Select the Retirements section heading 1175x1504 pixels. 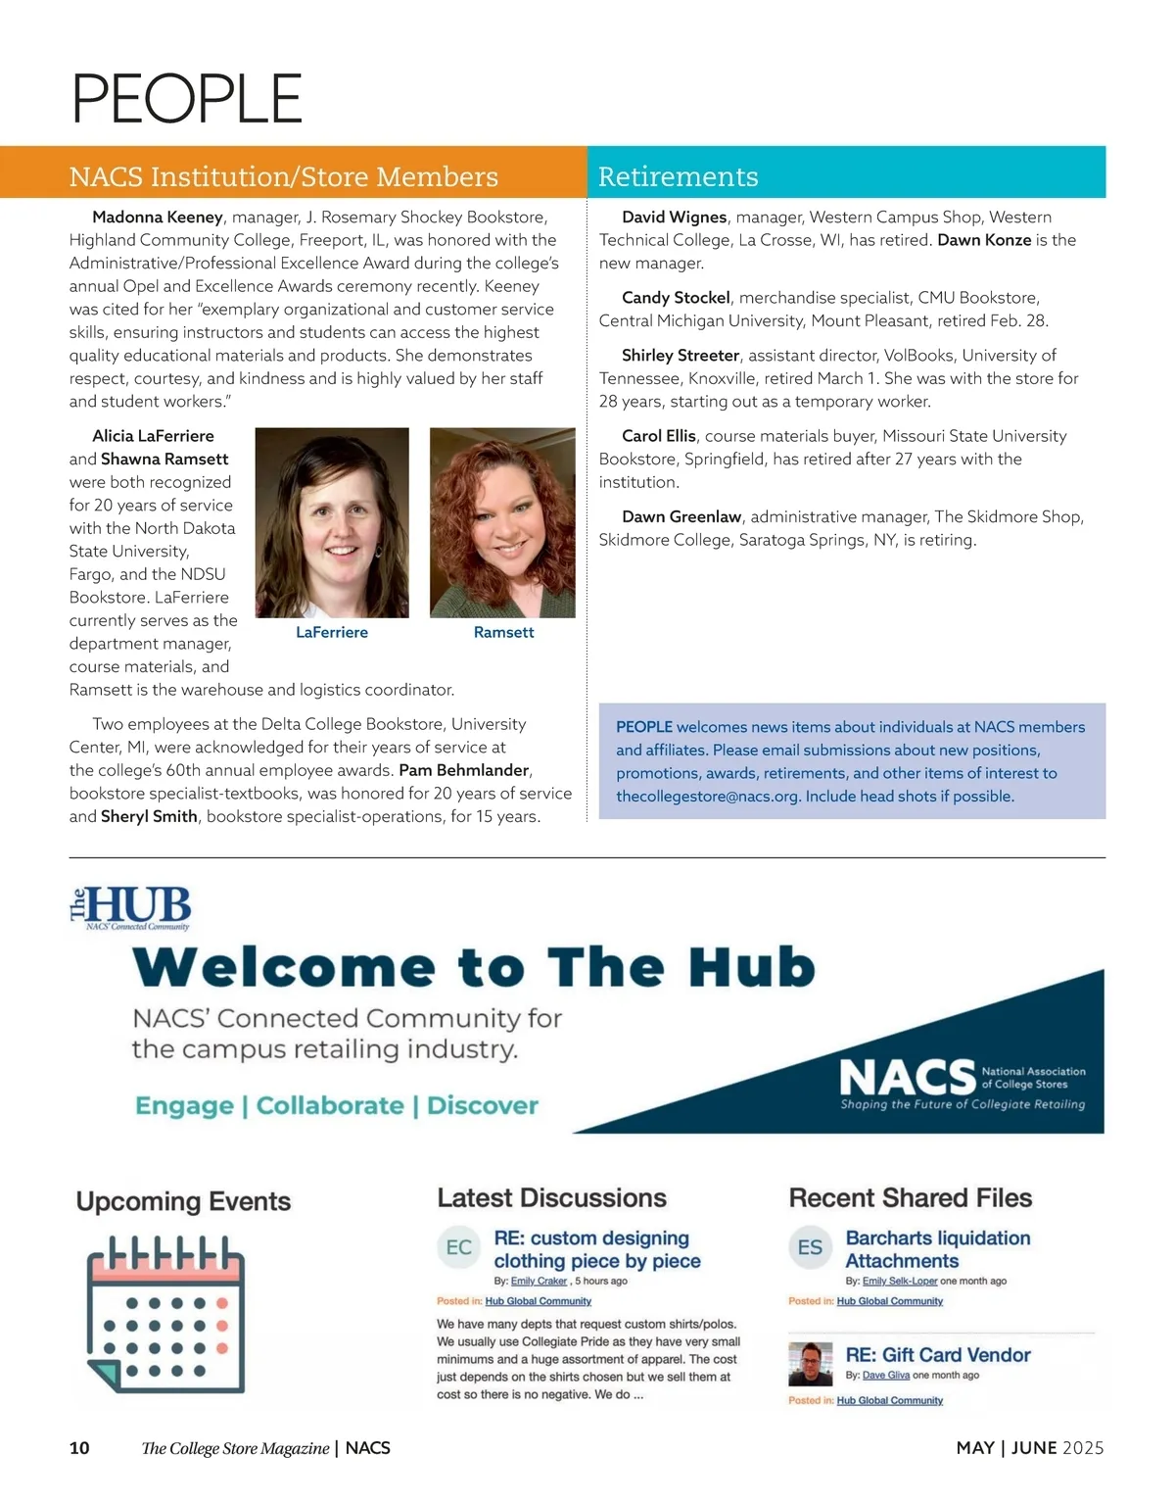[678, 176]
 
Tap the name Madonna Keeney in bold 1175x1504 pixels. [158, 217]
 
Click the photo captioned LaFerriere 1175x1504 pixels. [332, 522]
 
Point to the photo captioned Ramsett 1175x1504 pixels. [502, 522]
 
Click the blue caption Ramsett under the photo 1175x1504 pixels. [503, 632]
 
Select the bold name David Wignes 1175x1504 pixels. [674, 217]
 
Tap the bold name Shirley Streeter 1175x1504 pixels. [680, 355]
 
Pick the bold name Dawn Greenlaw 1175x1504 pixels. [681, 516]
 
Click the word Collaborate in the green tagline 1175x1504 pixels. [330, 1105]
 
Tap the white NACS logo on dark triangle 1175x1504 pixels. [909, 1078]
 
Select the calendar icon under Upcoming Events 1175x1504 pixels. [164, 1313]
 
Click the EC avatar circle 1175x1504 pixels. [458, 1247]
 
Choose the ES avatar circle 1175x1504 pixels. [810, 1247]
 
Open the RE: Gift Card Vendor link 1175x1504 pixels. [937, 1355]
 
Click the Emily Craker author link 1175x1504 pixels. [539, 1281]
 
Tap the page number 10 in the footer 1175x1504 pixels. [79, 1448]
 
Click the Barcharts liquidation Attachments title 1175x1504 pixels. [937, 1249]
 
